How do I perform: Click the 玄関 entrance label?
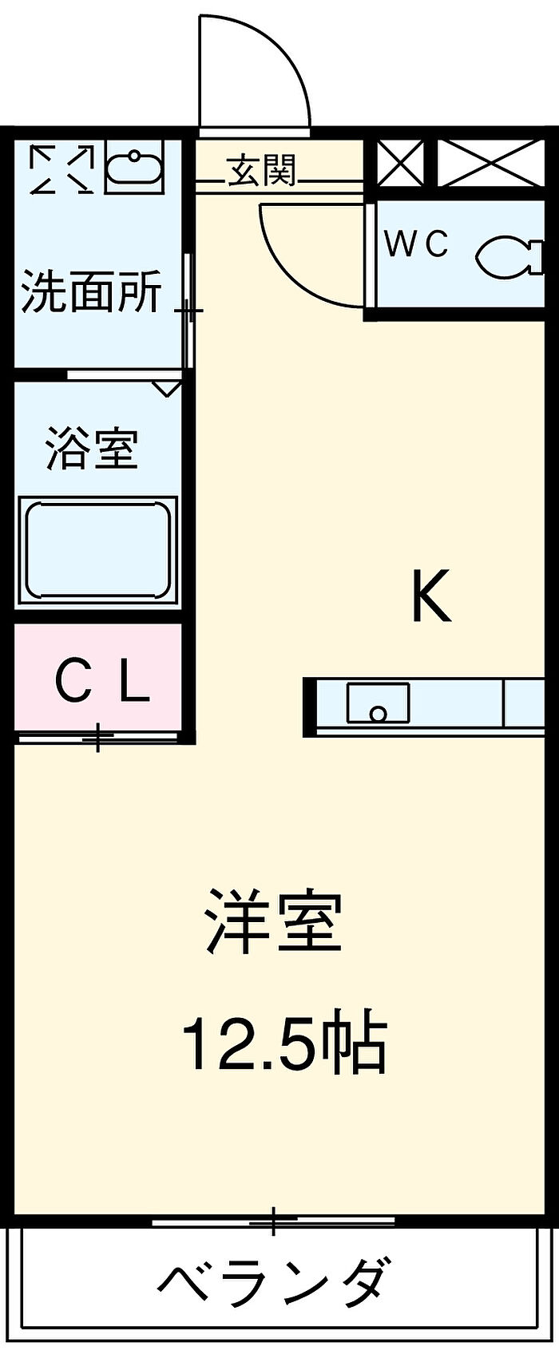coord(262,171)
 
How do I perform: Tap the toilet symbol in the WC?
coord(503,256)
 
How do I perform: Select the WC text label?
coord(417,244)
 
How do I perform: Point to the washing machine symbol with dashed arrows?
coord(61,168)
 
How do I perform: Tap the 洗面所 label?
coord(91,291)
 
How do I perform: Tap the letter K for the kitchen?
coord(430,598)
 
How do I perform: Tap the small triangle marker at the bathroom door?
coord(167,389)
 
